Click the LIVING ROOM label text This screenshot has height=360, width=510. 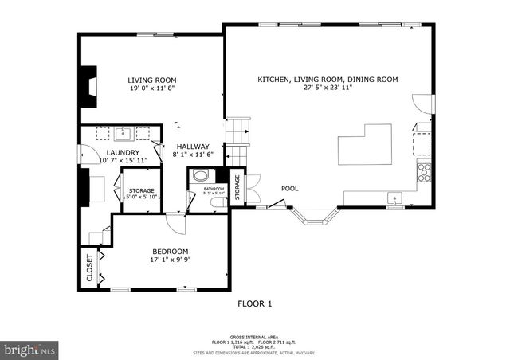tap(152, 80)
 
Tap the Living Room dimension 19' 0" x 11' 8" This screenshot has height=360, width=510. tap(152, 90)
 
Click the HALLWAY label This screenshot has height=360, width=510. tap(193, 147)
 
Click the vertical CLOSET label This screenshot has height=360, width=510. tap(88, 268)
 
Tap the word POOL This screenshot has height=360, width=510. tap(289, 189)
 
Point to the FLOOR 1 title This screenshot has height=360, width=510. tap(255, 303)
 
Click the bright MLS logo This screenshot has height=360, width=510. tap(30, 349)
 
